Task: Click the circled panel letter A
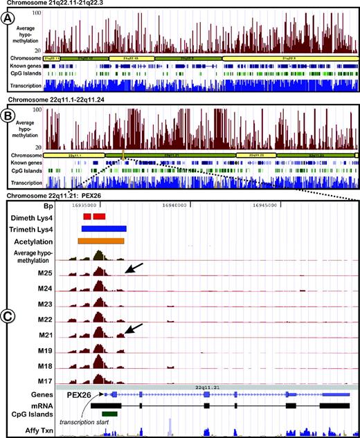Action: tap(12, 20)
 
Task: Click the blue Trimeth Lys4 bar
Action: tap(104, 228)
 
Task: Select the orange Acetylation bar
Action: tap(101, 241)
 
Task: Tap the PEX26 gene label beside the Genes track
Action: tap(80, 394)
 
